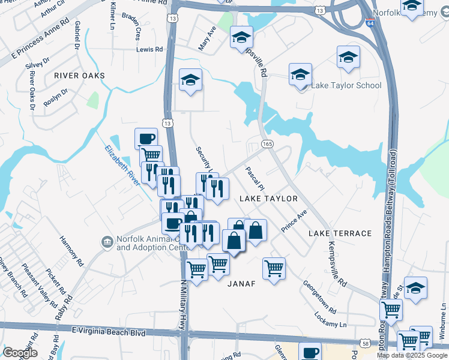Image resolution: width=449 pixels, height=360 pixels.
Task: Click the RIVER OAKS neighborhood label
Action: pyautogui.click(x=79, y=76)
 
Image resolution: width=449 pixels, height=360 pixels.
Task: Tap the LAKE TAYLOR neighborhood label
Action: pyautogui.click(x=268, y=199)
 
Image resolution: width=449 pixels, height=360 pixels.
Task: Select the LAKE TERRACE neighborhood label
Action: pyautogui.click(x=340, y=233)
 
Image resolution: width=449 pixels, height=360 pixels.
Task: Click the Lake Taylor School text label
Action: pyautogui.click(x=346, y=85)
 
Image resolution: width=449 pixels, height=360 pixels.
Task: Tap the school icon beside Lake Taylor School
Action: pyautogui.click(x=300, y=75)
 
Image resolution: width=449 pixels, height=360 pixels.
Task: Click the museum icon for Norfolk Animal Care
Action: pyautogui.click(x=107, y=242)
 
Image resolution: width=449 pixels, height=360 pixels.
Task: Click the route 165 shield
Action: pyautogui.click(x=268, y=144)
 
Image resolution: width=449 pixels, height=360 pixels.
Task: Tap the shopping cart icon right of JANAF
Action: pyautogui.click(x=274, y=268)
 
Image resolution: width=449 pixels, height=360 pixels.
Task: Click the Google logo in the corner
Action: pyautogui.click(x=20, y=353)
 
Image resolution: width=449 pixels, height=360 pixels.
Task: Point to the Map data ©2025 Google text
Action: pyautogui.click(x=411, y=355)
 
